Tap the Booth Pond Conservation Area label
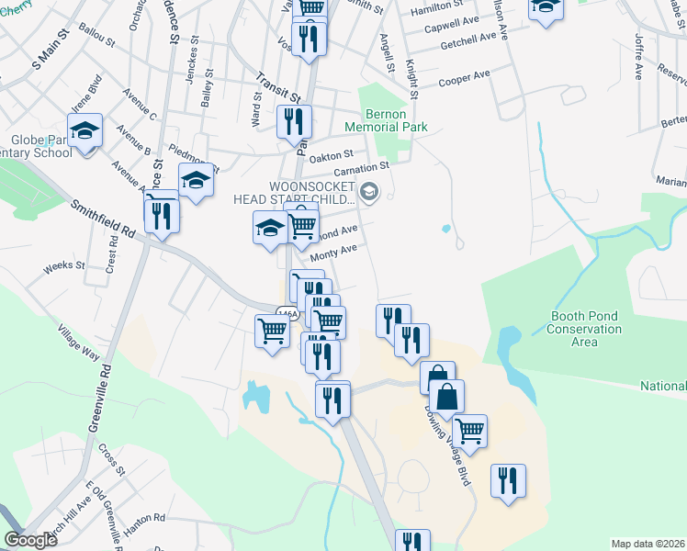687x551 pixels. [584, 329]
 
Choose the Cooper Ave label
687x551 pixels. [464, 80]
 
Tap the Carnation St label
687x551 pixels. [361, 169]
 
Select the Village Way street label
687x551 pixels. [78, 341]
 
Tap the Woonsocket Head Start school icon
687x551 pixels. [369, 192]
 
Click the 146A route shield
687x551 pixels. [288, 313]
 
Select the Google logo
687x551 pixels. [30, 540]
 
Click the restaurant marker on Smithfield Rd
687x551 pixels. [162, 216]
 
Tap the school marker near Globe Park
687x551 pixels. [84, 131]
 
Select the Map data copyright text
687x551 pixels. [648, 544]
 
